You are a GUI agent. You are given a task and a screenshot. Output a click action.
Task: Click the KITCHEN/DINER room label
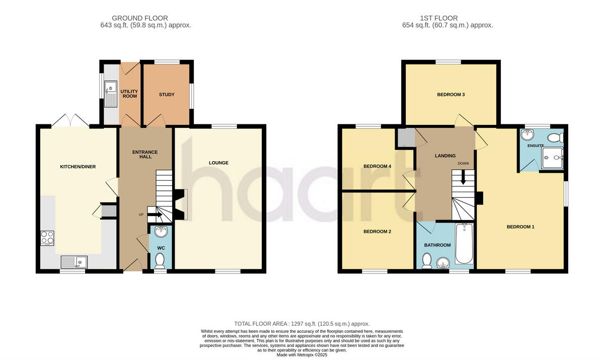point(78,167)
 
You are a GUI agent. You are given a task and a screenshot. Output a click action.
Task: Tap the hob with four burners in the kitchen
point(47,237)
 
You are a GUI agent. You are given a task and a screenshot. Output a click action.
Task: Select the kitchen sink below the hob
point(74,261)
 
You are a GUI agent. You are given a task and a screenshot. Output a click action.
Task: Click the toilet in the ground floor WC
point(160,260)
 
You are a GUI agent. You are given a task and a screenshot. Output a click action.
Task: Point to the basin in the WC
point(161,232)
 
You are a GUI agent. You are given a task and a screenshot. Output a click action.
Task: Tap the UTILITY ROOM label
point(129,94)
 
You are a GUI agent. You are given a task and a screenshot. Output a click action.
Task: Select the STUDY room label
point(167,95)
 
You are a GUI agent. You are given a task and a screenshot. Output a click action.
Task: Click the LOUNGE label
point(218,163)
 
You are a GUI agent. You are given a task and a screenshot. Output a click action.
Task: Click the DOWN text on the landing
point(463,164)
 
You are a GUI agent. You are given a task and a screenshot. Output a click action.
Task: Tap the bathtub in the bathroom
point(464,244)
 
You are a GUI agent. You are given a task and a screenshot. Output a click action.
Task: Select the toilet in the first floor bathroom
point(427,260)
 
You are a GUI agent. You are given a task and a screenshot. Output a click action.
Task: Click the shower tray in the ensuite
point(552,158)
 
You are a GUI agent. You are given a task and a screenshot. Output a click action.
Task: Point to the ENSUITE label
point(536,146)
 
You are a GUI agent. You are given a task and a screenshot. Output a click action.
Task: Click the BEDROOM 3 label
point(450,95)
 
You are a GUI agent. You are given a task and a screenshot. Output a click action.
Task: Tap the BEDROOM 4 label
point(377,166)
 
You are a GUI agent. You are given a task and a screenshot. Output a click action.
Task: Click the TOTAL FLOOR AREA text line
point(302,323)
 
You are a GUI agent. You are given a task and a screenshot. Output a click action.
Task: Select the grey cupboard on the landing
point(404,137)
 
